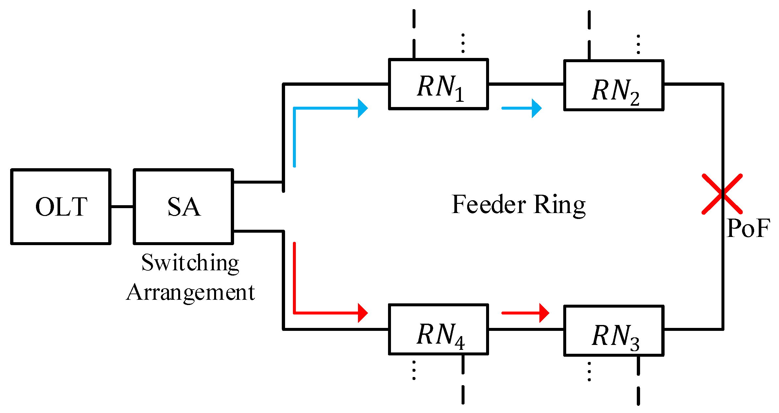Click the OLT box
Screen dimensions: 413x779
[61, 207]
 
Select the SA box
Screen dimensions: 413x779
[183, 207]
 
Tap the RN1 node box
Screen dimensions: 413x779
[438, 84]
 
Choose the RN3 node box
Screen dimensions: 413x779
[614, 331]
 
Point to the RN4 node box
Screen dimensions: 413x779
[438, 330]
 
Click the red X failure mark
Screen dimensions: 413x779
[722, 194]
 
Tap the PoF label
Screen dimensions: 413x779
[748, 228]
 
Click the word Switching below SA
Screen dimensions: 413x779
[190, 263]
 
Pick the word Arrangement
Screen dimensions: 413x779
[190, 292]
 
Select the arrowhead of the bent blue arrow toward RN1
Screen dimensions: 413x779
[363, 108]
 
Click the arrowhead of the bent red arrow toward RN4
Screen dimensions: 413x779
[363, 313]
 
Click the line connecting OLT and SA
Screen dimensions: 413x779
[122, 207]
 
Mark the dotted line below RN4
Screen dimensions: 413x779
[414, 370]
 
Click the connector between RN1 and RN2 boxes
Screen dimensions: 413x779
[526, 84]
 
